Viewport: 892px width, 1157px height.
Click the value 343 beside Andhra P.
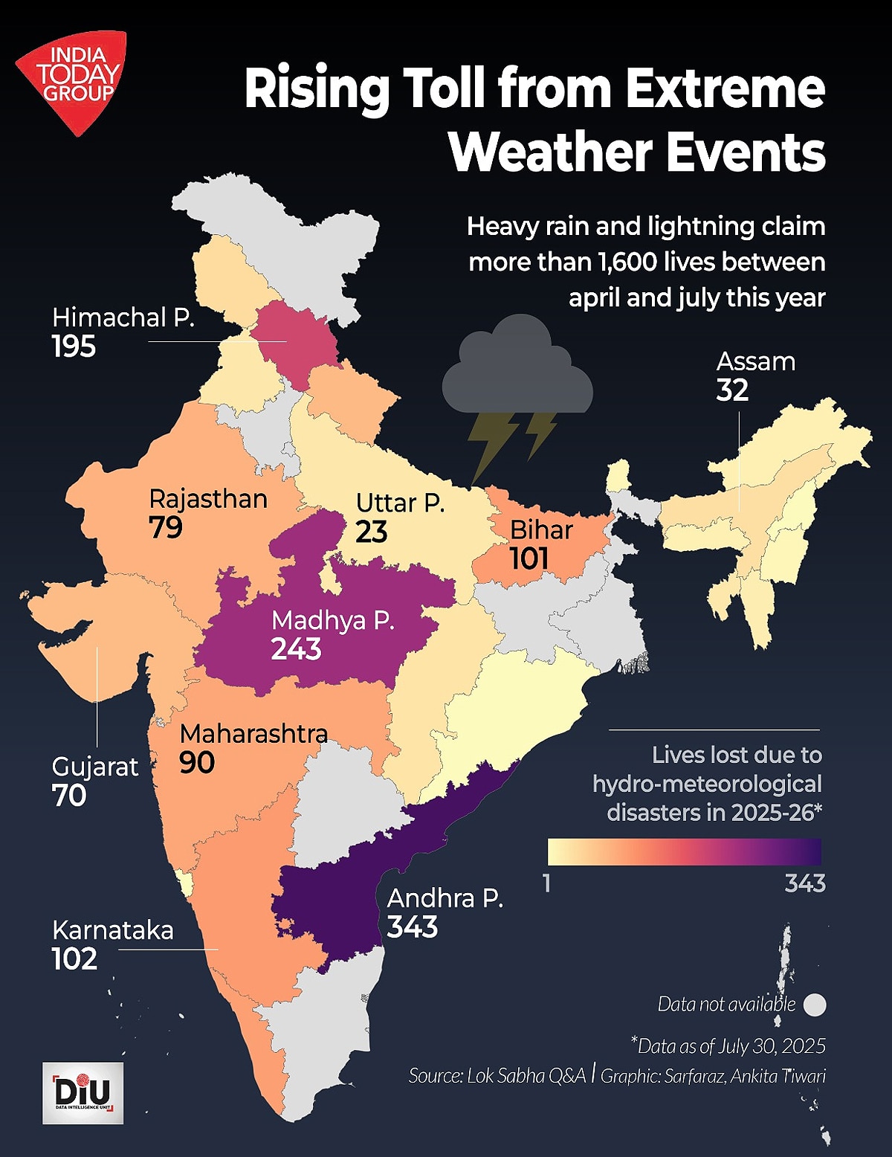(413, 927)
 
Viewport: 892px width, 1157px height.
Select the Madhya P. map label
(332, 620)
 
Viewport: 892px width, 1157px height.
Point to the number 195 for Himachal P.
(74, 347)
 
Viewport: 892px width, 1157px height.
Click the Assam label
(755, 362)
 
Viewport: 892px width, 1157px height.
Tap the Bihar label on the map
(541, 530)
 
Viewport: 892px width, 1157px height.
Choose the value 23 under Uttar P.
(371, 532)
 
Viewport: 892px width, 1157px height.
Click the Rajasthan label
(208, 499)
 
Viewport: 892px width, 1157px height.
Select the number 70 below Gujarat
(69, 796)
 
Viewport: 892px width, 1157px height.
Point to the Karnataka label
(112, 930)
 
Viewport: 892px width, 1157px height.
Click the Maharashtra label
(253, 734)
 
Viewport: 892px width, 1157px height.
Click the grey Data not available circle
(815, 1005)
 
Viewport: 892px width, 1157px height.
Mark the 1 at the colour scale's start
(547, 883)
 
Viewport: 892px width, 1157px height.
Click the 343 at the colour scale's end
(805, 883)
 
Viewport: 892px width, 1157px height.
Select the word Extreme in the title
(725, 88)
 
